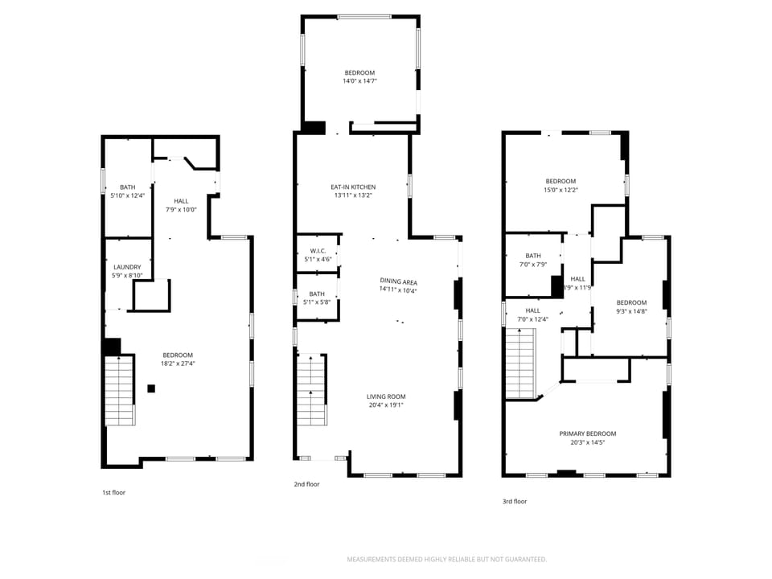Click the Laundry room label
128,267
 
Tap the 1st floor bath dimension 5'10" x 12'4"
128,195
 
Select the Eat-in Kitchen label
353,187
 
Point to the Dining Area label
398,281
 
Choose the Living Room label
386,396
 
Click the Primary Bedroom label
588,433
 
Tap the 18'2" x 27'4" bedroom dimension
178,363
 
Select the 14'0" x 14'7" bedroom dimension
359,81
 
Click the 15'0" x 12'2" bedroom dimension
561,190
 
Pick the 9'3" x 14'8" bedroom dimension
631,311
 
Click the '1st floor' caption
113,492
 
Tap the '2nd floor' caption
306,484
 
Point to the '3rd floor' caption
515,501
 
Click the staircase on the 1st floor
119,391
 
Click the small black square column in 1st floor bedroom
151,389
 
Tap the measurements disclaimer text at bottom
446,559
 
